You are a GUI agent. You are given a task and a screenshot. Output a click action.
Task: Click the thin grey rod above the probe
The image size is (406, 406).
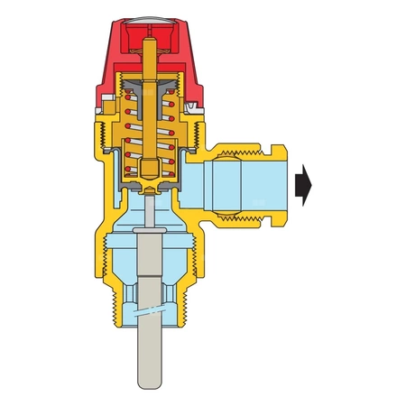point(148,209)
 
